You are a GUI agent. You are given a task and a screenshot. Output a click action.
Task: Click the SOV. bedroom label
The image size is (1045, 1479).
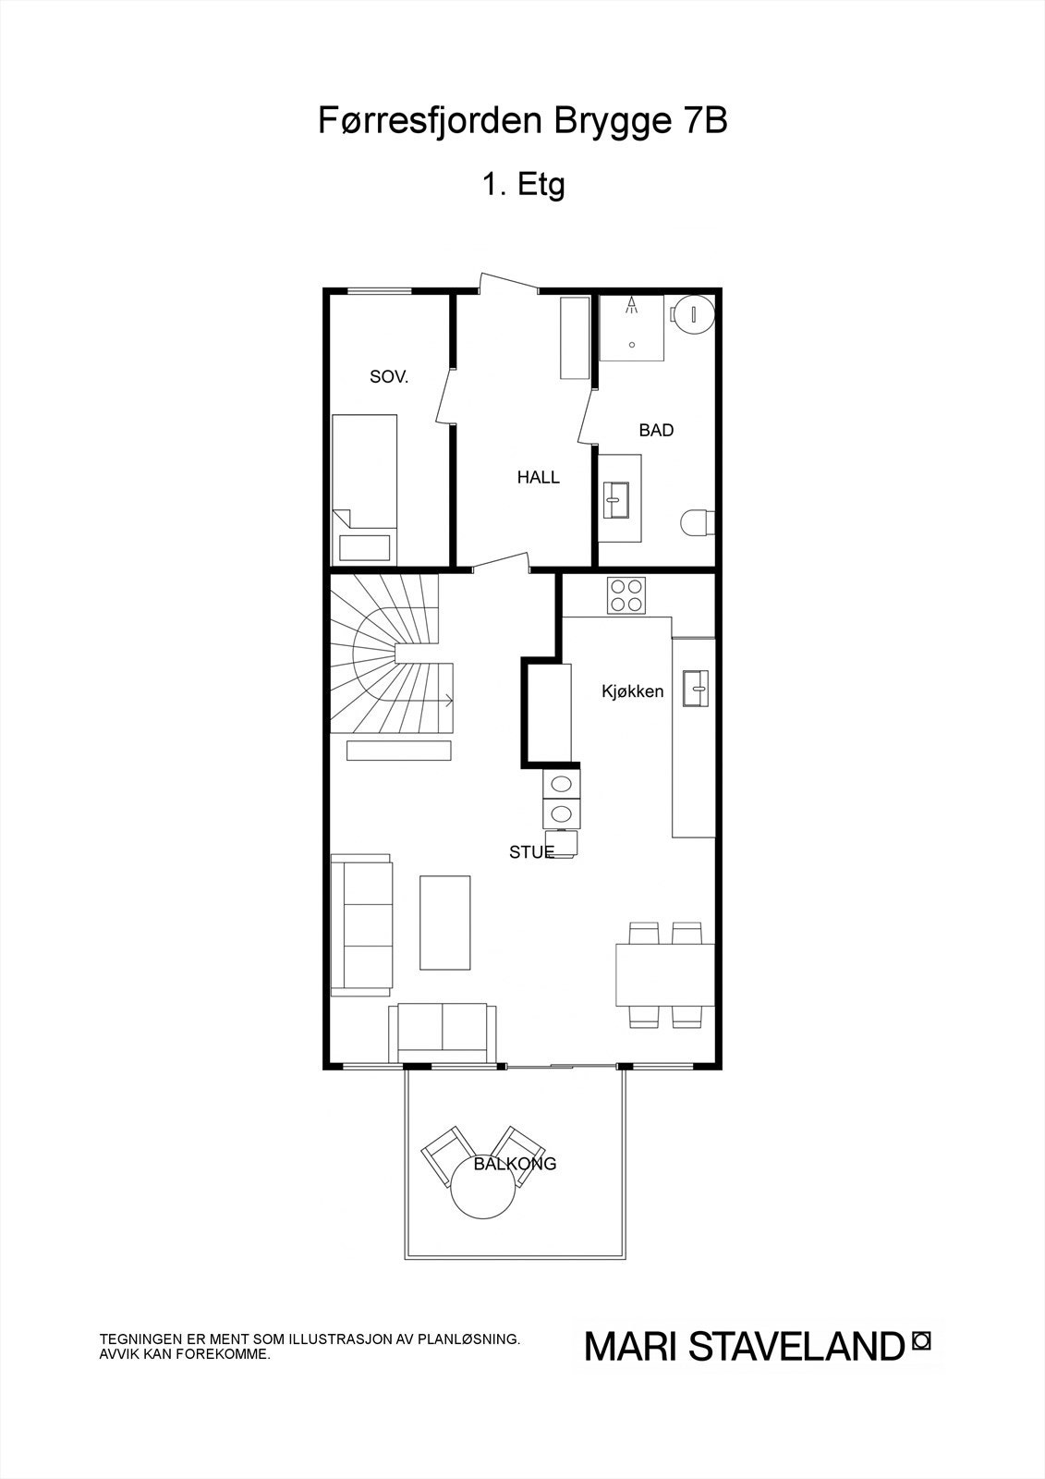(389, 377)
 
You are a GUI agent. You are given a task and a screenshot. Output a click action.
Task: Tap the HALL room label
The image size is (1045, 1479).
(538, 478)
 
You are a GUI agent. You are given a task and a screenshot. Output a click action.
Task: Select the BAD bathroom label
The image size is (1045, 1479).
(656, 430)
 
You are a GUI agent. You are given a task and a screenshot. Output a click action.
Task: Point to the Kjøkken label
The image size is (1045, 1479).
(633, 691)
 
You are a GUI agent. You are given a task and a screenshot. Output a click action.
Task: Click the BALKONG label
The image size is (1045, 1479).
(515, 1164)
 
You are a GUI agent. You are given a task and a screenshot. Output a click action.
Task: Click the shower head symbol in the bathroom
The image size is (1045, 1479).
(632, 306)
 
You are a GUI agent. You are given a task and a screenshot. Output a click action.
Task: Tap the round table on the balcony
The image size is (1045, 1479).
(484, 1192)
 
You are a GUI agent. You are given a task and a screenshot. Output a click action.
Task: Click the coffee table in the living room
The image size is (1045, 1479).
(445, 923)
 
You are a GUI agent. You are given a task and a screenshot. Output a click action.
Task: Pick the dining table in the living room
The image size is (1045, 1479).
(665, 974)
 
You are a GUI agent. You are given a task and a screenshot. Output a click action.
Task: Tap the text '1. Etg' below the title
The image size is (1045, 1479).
(522, 184)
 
